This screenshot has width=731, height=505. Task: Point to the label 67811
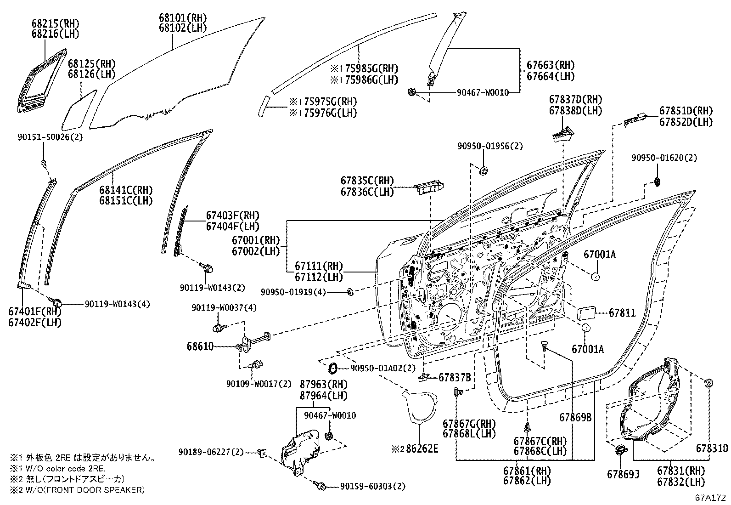[x=622, y=313]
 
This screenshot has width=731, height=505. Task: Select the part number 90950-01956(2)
[x=490, y=146]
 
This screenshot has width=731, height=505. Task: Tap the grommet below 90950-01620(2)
[x=657, y=181]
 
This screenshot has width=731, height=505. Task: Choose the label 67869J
[x=623, y=474]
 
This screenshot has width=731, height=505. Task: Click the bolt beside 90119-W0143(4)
[x=58, y=302]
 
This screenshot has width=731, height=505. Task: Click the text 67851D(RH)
[x=686, y=111]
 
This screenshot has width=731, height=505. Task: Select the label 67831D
[x=712, y=448]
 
